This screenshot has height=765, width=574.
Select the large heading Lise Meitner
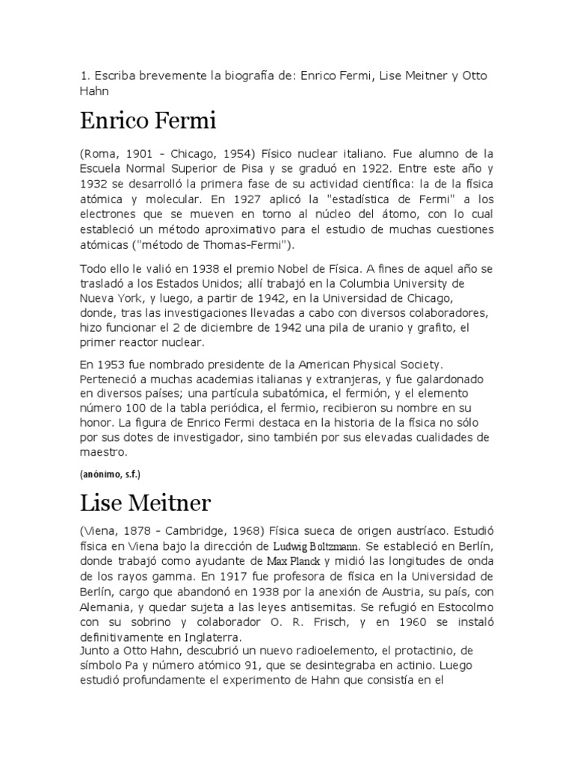(146, 502)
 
